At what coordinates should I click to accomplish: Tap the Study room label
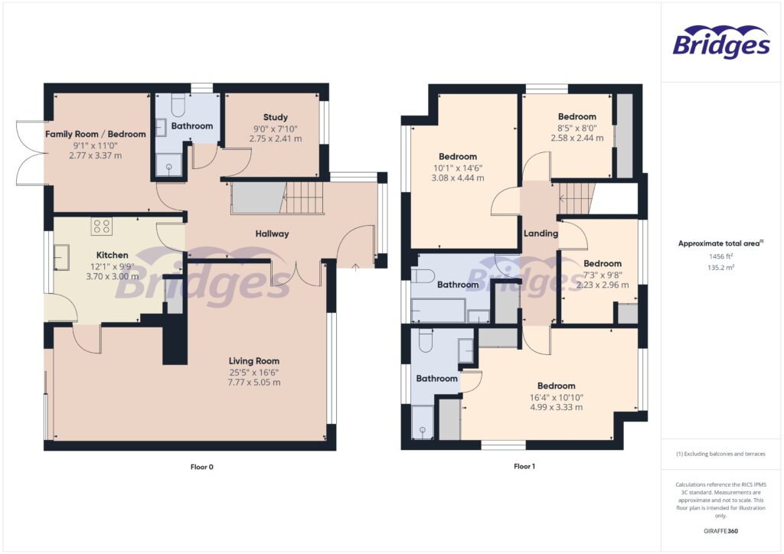coord(274,118)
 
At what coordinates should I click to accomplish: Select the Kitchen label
coord(112,255)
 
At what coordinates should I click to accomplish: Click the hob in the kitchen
coord(103,226)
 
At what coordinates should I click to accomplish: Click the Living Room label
coord(254,360)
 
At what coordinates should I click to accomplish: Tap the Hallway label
coord(272,234)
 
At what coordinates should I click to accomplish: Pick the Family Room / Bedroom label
coord(95,134)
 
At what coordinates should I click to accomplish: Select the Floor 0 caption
coord(201,466)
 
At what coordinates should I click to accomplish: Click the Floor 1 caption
coord(524,466)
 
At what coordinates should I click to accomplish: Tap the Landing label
coord(541,233)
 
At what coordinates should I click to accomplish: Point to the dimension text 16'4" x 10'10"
coord(556,397)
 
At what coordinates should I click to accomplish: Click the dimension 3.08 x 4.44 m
coord(458,178)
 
